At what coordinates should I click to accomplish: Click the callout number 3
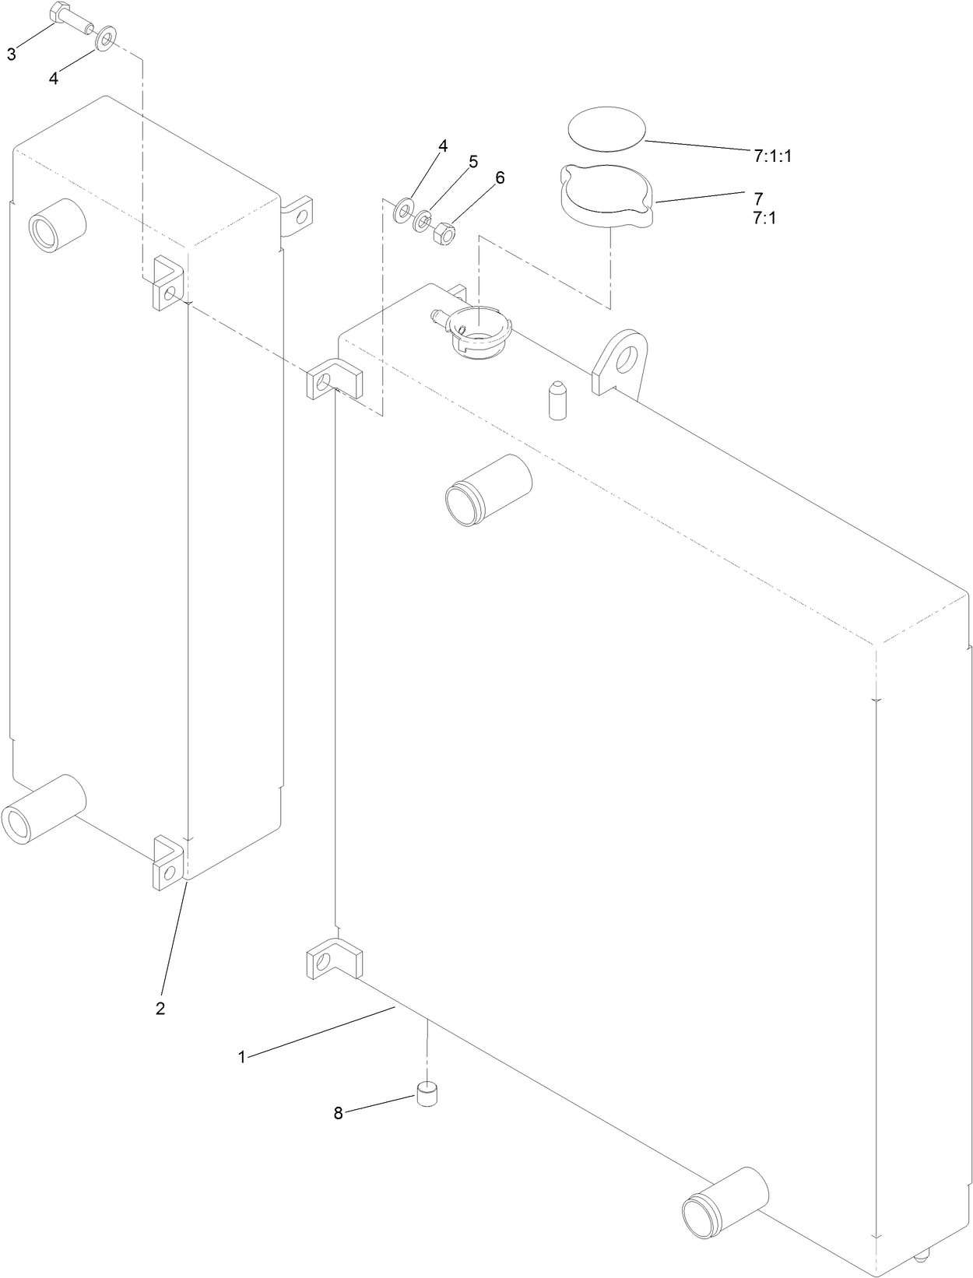click(11, 54)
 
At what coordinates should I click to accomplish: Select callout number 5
click(472, 162)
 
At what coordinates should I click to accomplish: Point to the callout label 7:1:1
click(771, 156)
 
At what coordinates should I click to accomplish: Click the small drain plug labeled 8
click(427, 1094)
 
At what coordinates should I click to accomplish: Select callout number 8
click(338, 1113)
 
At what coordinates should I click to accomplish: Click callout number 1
click(241, 1057)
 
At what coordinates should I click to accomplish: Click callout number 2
click(160, 1008)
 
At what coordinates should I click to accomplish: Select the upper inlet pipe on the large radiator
click(486, 488)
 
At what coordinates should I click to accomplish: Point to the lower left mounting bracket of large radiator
click(334, 960)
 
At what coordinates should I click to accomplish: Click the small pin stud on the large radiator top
click(557, 400)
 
